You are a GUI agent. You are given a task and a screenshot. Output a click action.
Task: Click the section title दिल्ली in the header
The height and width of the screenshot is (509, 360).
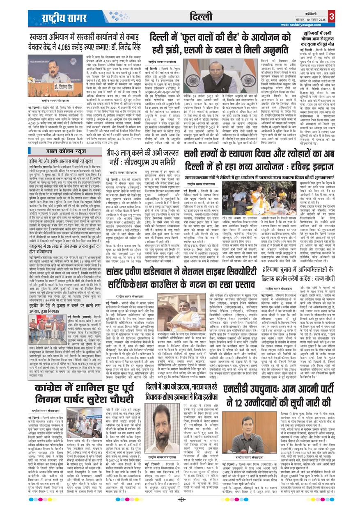pyautogui.click(x=201, y=16)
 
